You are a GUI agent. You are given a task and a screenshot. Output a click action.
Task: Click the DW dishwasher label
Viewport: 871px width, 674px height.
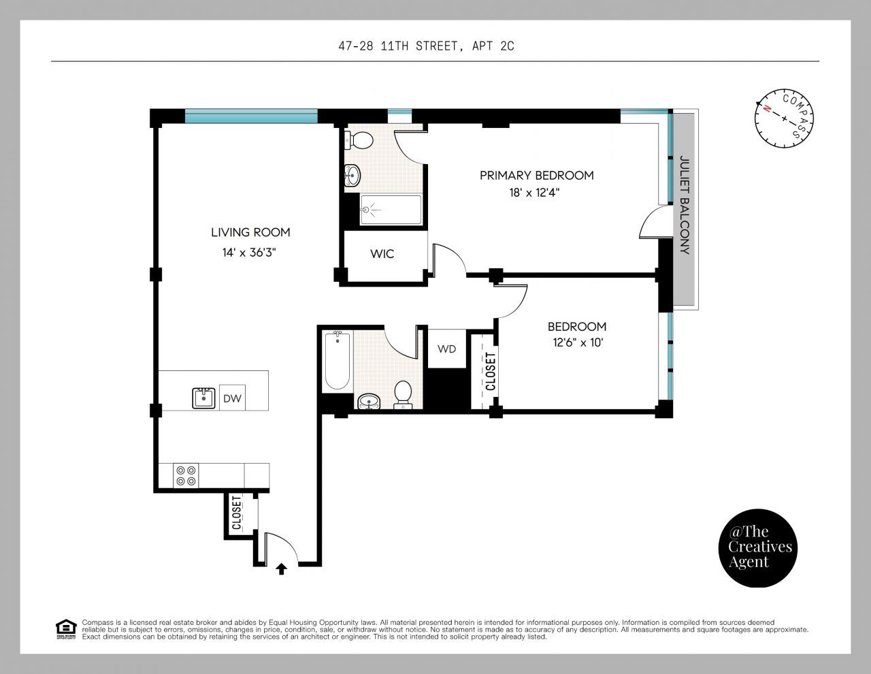(232, 398)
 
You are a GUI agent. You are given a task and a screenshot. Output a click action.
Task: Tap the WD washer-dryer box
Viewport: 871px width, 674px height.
(447, 349)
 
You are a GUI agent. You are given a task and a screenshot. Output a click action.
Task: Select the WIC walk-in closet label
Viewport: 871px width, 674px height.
(382, 254)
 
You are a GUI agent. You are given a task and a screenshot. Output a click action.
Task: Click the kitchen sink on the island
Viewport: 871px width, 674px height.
(203, 398)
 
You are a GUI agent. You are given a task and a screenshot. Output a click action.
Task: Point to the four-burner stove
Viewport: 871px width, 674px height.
(186, 475)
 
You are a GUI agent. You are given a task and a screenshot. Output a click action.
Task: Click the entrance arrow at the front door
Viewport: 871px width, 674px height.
(282, 569)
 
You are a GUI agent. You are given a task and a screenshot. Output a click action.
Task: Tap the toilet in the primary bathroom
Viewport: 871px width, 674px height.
(359, 140)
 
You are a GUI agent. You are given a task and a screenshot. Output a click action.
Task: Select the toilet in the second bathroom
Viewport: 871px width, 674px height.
(403, 395)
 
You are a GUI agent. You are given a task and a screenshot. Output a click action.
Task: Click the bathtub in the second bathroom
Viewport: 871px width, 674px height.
(337, 360)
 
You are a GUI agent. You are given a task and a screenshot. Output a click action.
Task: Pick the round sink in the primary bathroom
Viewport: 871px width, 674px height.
(352, 176)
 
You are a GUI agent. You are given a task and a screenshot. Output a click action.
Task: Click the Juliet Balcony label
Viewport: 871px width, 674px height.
(685, 205)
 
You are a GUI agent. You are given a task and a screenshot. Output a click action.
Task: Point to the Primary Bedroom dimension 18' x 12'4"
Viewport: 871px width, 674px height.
(534, 193)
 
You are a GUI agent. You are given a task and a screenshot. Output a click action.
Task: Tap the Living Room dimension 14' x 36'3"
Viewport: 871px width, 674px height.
(249, 253)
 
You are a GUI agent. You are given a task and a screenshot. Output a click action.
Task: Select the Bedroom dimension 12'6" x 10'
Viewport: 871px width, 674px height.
(578, 343)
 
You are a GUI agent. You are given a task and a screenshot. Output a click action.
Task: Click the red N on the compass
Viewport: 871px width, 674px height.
(767, 108)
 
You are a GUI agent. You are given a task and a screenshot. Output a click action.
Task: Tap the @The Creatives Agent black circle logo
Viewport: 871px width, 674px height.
(757, 548)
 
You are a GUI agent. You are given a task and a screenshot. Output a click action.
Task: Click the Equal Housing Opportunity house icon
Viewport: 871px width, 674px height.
(66, 629)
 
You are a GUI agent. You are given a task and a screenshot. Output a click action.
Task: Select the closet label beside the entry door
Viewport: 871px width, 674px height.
(237, 513)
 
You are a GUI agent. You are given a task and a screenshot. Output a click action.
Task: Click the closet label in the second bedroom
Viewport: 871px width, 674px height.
(491, 371)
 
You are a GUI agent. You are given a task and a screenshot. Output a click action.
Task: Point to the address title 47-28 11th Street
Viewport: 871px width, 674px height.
(426, 46)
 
